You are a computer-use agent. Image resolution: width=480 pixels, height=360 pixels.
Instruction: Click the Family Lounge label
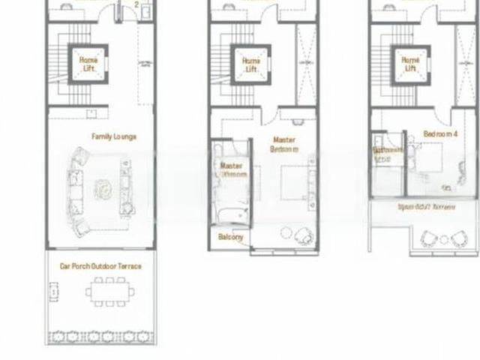pyautogui.click(x=114, y=136)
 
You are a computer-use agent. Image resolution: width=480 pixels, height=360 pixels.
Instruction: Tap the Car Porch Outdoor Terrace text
pyautogui.click(x=100, y=265)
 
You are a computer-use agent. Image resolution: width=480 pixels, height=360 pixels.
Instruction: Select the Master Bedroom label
pyautogui.click(x=284, y=144)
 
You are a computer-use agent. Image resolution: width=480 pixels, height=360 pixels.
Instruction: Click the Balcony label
pyautogui.click(x=231, y=237)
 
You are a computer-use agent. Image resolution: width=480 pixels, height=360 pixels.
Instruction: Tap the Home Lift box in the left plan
pyautogui.click(x=88, y=64)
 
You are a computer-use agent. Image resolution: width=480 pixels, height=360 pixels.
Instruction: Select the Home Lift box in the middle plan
pyautogui.click(x=251, y=64)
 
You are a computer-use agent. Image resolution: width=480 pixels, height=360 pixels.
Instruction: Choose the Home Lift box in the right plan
pyautogui.click(x=410, y=64)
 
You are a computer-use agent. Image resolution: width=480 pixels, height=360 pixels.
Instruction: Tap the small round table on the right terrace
pyautogui.click(x=443, y=239)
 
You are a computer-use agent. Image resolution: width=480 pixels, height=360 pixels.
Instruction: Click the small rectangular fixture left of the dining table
pyautogui.click(x=54, y=289)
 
